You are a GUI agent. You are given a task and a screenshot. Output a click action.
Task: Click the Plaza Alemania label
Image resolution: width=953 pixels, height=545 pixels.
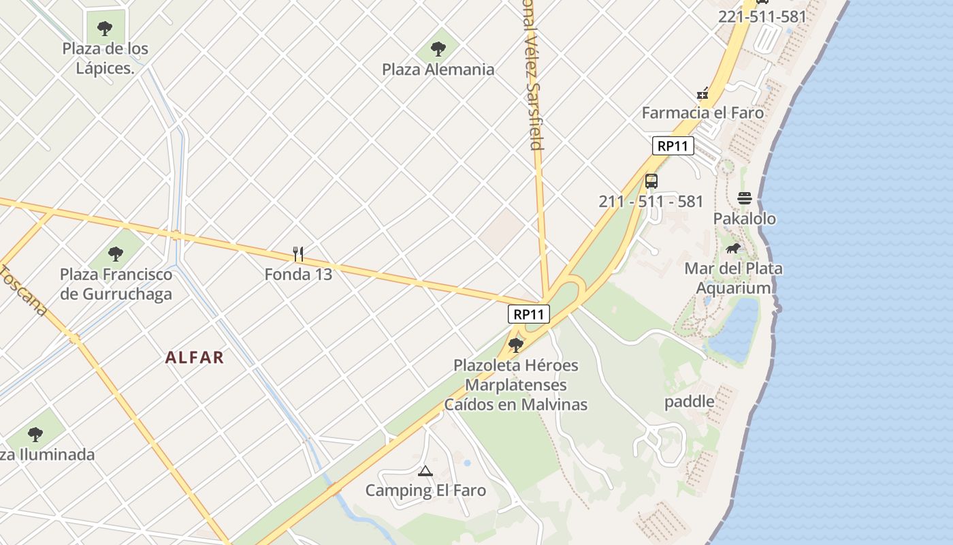[x=438, y=69]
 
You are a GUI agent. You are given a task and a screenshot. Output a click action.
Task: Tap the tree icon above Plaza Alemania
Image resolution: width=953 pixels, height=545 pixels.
[x=438, y=48]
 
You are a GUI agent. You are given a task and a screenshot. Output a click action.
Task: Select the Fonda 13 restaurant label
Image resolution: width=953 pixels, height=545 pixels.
[x=298, y=275]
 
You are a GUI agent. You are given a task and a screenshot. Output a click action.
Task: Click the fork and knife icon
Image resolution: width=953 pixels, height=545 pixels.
[x=297, y=254]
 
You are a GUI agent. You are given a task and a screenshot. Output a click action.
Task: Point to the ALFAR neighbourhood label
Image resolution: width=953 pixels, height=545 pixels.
[x=195, y=358]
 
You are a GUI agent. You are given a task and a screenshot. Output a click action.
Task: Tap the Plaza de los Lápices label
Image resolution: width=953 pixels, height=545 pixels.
[x=105, y=58]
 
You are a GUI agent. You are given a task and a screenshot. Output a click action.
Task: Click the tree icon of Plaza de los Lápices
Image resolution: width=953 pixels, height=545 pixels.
[x=105, y=28]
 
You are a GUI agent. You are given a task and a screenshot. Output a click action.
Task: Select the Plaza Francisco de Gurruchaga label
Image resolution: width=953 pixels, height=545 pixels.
[x=116, y=284]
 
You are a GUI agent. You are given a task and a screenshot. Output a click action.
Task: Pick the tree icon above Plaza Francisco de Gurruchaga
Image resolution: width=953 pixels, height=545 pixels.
[x=116, y=254]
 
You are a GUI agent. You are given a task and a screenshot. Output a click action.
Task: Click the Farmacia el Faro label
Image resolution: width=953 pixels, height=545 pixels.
[x=702, y=113]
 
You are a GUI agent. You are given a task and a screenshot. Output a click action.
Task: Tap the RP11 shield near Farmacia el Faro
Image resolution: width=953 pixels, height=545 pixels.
[x=673, y=145]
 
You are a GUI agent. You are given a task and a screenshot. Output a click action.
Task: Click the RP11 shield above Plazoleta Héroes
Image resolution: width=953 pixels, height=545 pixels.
[x=528, y=314]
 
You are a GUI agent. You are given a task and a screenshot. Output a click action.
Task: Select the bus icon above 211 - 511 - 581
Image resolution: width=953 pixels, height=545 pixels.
[x=651, y=181]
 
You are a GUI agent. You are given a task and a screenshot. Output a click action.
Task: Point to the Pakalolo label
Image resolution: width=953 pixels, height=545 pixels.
[x=744, y=219]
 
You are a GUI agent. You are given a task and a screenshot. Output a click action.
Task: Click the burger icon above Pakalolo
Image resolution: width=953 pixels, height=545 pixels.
[x=744, y=198]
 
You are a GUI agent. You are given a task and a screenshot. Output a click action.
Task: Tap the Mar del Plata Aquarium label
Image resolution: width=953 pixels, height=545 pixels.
[x=733, y=278]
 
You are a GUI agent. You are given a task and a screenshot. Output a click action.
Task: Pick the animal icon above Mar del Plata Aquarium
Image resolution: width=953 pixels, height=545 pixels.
[x=733, y=249]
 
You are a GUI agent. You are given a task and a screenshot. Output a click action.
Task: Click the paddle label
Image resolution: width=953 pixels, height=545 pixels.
[x=690, y=401]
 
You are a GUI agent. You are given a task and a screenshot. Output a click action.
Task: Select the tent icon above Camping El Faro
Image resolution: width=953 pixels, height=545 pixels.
[x=425, y=471]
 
